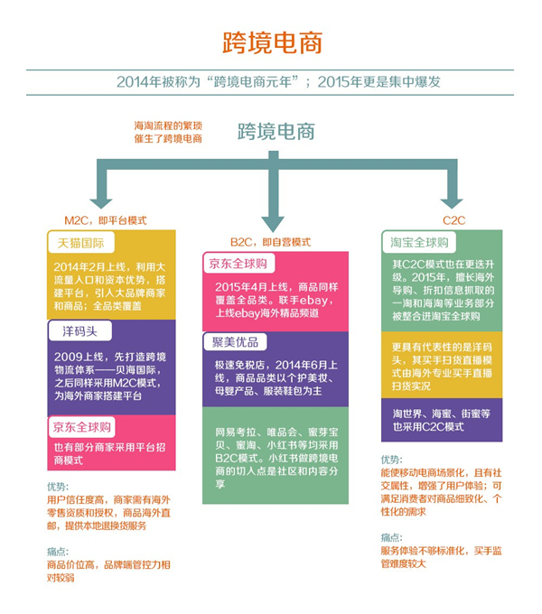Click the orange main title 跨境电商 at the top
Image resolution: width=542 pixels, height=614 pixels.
pyautogui.click(x=271, y=42)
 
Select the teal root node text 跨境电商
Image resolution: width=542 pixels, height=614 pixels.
pyautogui.click(x=276, y=132)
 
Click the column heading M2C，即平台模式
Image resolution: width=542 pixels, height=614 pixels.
pyautogui.click(x=105, y=219)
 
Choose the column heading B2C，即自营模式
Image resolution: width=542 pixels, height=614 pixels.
pyautogui.click(x=271, y=242)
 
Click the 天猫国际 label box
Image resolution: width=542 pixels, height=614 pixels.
pyautogui.click(x=80, y=244)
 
